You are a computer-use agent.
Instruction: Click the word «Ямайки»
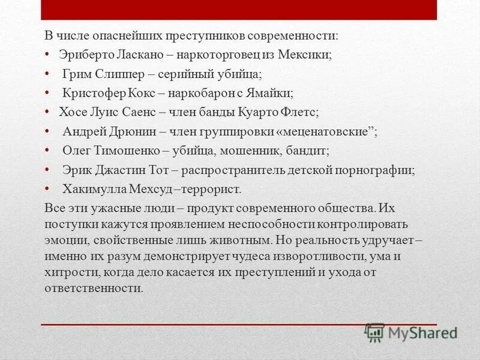click(271, 93)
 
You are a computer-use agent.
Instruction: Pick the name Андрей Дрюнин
click(104, 131)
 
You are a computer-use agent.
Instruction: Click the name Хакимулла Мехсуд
click(114, 189)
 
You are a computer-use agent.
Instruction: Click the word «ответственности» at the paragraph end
click(94, 288)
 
